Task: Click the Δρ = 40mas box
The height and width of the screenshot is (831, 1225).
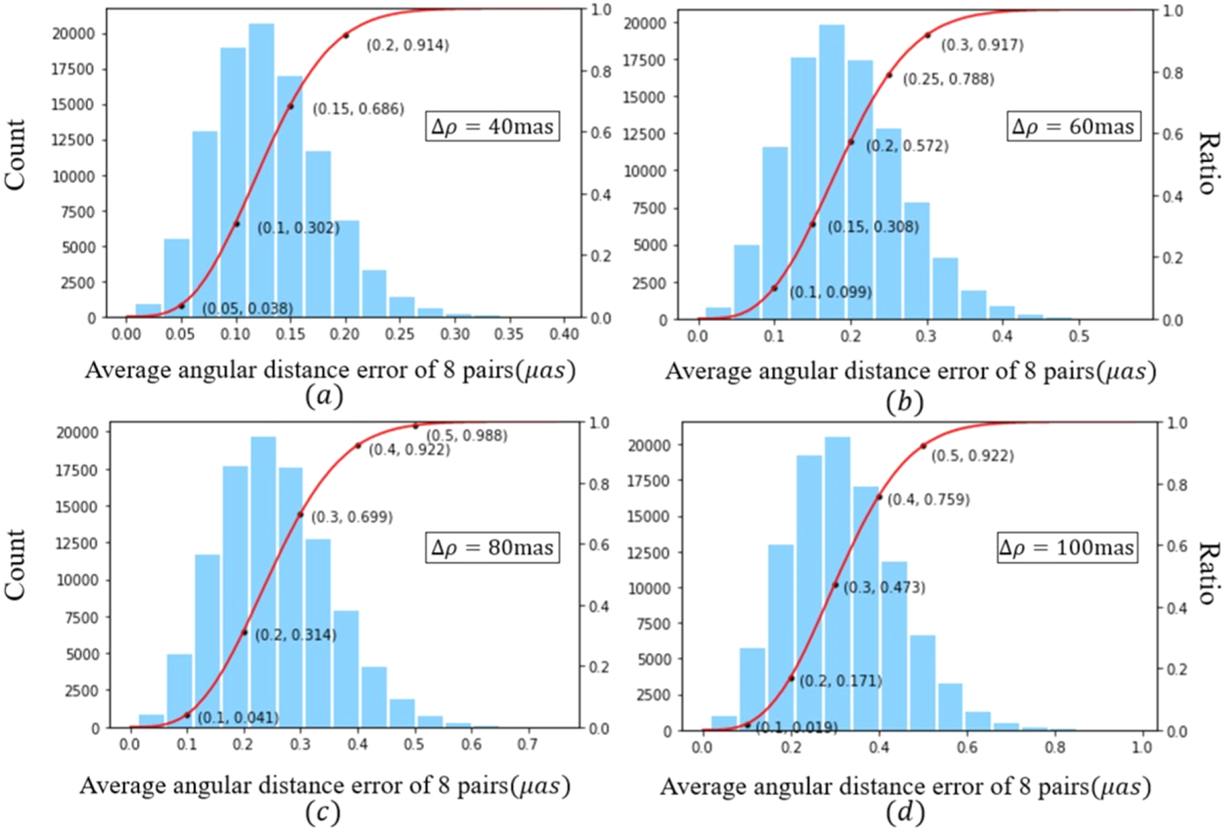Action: pos(493,127)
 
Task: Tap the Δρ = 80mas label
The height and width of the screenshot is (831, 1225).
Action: pos(493,548)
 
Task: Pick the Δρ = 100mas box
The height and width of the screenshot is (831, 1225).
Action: pos(1066,548)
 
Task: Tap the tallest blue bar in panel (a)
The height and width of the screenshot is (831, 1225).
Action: pos(261,170)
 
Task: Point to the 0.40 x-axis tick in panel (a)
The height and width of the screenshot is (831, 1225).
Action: pos(564,334)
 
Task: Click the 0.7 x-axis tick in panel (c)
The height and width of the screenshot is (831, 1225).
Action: pos(528,744)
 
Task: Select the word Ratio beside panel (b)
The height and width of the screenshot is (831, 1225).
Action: pos(1206,164)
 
